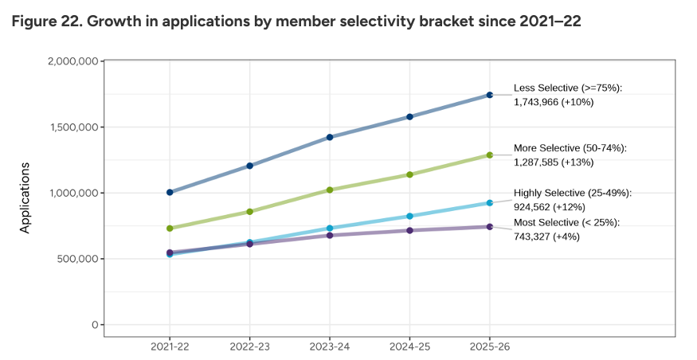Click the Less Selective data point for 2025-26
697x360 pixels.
489,95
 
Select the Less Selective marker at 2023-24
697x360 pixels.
330,137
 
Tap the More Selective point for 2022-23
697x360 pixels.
250,211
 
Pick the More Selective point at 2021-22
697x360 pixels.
170,229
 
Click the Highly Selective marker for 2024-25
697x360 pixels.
409,216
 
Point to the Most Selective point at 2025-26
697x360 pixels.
489,227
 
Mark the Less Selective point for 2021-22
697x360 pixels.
170,192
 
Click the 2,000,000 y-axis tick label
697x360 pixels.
72,61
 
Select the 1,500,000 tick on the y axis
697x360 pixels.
72,127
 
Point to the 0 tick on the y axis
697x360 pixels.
94,325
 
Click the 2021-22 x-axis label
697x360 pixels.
170,347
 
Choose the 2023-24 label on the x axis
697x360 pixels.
330,347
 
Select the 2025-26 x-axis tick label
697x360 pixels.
489,347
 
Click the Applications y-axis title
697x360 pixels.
25,198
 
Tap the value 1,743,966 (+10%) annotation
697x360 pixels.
554,102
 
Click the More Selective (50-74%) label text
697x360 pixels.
570,148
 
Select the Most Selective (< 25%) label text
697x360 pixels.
566,221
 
